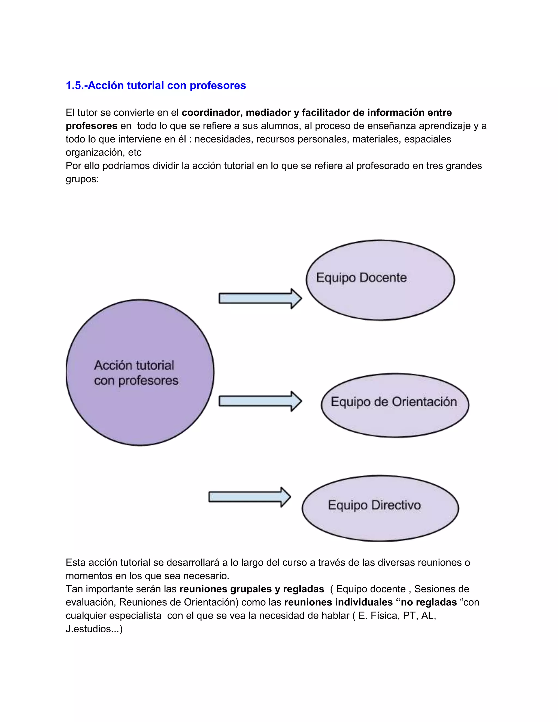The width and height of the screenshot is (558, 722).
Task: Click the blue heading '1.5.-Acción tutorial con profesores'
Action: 156,85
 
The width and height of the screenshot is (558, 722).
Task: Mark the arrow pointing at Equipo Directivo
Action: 249,497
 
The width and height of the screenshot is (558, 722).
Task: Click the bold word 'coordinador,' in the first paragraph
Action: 212,113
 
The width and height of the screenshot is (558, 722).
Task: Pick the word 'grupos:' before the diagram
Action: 82,179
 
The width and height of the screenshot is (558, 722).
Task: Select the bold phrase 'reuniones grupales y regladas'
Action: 251,589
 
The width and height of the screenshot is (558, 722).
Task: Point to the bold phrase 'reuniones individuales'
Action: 338,602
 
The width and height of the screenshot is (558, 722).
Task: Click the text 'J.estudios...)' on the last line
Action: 94,629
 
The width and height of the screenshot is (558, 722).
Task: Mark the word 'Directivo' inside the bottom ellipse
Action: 396,505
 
